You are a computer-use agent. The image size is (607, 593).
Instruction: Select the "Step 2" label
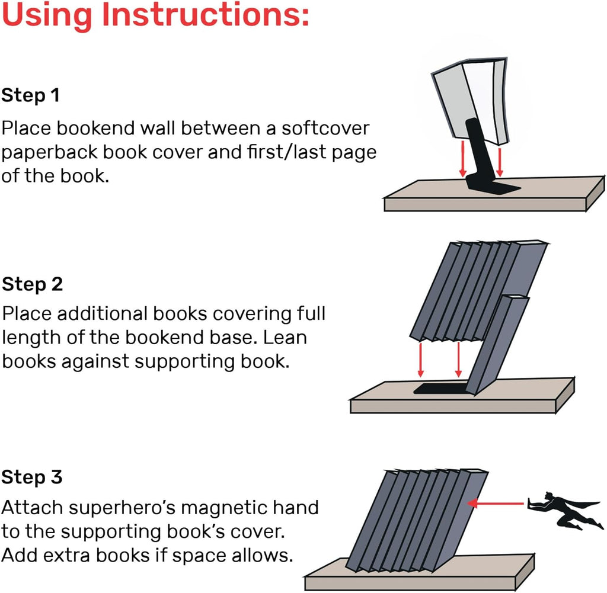tap(32, 284)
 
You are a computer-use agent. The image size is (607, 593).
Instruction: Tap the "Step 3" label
tap(32, 477)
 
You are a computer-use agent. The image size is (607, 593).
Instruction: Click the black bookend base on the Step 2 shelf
tap(439, 389)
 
